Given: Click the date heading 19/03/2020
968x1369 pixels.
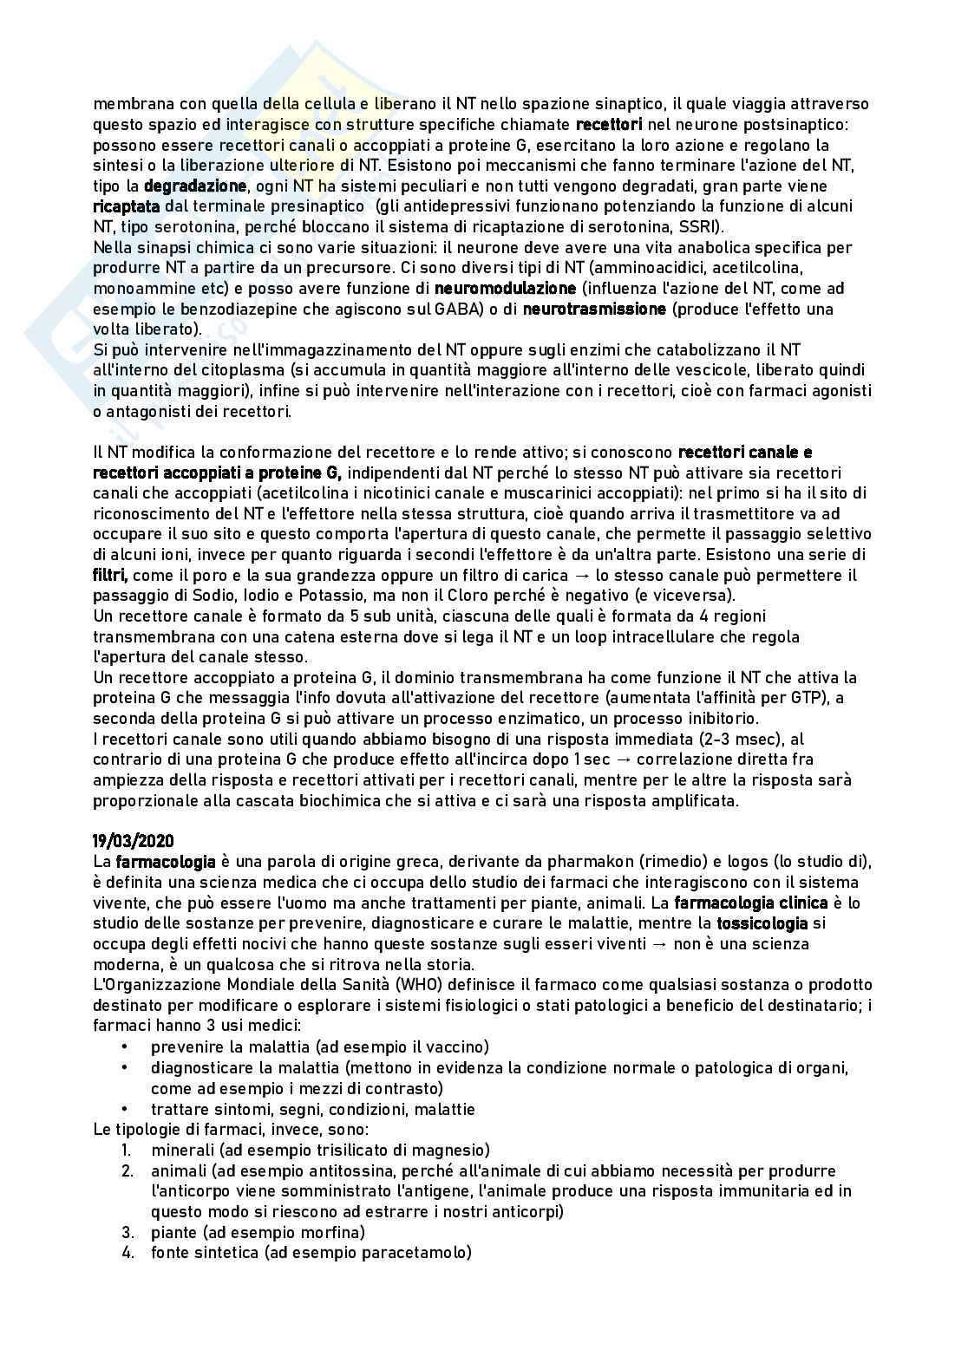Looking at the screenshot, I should (134, 841).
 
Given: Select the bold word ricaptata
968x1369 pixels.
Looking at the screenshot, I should (127, 207).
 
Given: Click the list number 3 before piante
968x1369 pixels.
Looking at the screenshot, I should (127, 1232).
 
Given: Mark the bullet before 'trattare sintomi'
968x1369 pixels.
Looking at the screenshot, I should (126, 1109).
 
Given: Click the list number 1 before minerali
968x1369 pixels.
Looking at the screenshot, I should (127, 1151).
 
